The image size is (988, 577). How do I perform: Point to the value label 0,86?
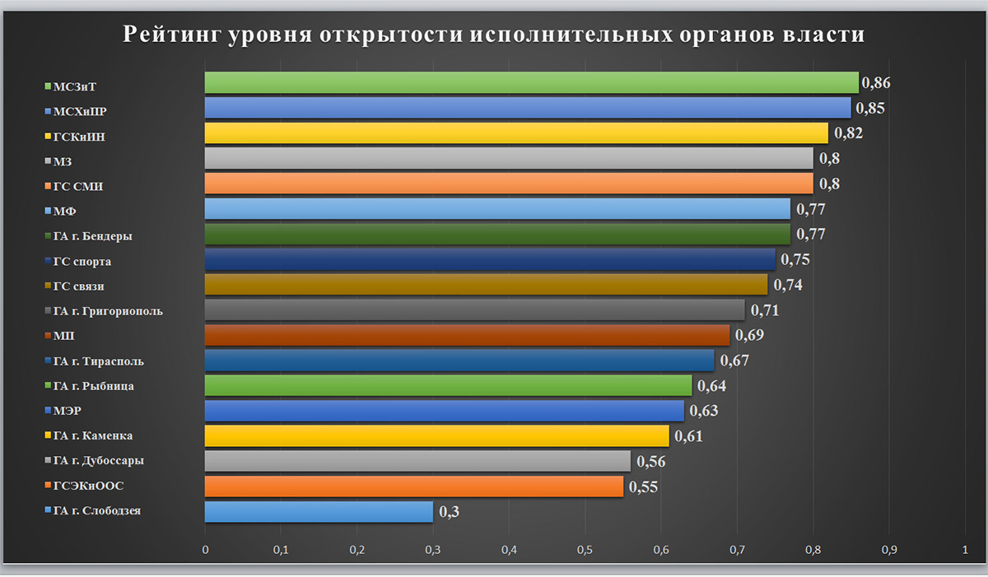[876, 82]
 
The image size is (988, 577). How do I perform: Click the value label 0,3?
[449, 512]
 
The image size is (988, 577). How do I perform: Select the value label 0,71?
[764, 310]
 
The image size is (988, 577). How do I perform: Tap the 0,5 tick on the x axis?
[585, 549]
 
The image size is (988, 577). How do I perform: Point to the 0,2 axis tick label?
[357, 549]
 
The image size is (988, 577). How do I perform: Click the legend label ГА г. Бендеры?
[92, 236]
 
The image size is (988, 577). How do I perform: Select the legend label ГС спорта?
[82, 262]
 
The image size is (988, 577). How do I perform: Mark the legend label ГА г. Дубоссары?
[98, 461]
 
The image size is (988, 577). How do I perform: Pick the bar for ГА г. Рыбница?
[448, 385]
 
